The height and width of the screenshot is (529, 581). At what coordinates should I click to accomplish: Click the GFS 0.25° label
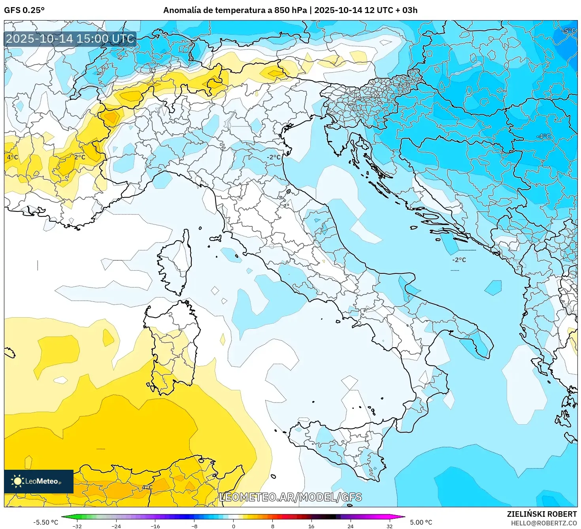(24, 10)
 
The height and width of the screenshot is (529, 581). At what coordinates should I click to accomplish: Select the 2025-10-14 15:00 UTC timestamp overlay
(70, 39)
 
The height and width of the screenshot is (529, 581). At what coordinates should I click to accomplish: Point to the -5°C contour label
(569, 31)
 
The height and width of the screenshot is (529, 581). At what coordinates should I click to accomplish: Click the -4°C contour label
(543, 136)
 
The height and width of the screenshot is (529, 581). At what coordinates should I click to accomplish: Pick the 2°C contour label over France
(79, 157)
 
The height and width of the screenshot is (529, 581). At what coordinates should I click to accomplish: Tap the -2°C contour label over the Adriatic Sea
(459, 260)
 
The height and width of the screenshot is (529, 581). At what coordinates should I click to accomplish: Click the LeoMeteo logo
(39, 481)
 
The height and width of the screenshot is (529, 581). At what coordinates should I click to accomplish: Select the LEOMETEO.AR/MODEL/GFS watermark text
(290, 497)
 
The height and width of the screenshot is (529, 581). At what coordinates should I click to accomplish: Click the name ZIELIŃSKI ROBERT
(541, 514)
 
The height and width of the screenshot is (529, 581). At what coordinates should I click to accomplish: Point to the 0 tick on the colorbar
(234, 526)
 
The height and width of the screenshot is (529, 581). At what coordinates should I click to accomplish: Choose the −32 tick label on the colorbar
(77, 526)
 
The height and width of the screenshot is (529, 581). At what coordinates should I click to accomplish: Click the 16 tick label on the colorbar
(311, 526)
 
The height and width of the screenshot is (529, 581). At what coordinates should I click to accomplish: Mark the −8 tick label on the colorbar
(194, 526)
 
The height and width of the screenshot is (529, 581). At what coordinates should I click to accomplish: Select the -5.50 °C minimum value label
(45, 522)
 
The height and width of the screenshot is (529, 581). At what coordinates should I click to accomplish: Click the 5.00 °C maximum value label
(421, 522)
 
